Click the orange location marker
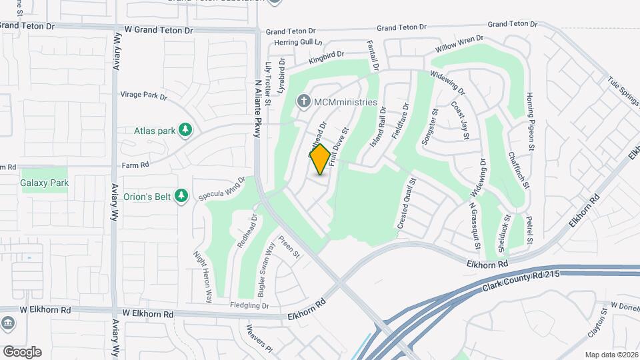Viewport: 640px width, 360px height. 320,159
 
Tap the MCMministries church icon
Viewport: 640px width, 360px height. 303,102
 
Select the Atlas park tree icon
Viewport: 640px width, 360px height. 187,130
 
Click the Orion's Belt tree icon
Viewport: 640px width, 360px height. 181,196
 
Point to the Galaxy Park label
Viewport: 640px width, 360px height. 45,183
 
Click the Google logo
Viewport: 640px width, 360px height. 22,352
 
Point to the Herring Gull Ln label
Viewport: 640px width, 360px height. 299,43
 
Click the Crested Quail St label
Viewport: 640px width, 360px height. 407,204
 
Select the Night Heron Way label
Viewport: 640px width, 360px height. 202,277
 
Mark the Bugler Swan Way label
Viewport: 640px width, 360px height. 266,269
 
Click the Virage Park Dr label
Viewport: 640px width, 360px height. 143,95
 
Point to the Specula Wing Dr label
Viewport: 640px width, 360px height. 223,189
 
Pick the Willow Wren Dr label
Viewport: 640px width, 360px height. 459,45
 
